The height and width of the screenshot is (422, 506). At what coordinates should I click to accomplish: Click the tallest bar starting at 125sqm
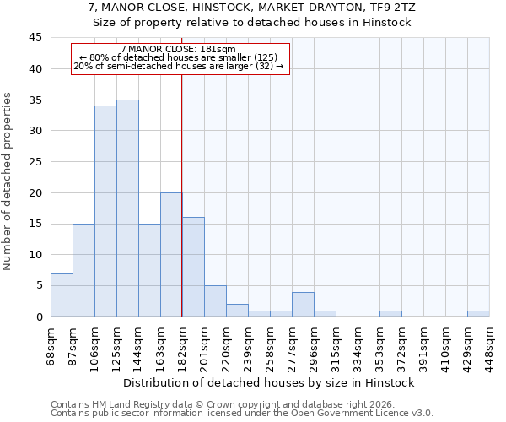click(127, 208)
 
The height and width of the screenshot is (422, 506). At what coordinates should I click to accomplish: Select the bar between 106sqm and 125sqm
click(105, 211)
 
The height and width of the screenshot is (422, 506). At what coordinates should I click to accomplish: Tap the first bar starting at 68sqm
click(62, 295)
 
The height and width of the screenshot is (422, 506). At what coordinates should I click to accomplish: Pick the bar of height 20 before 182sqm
click(171, 254)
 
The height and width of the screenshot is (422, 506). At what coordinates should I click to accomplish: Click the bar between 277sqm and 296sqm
click(303, 304)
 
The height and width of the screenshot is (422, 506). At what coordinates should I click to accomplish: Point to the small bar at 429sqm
click(478, 313)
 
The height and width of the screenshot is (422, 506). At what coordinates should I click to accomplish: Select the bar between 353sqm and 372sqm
click(390, 313)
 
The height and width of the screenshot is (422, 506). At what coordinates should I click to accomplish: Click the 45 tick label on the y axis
click(35, 38)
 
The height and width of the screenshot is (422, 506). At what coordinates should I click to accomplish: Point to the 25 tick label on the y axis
click(35, 162)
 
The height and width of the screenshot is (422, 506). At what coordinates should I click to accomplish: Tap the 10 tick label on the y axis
click(35, 255)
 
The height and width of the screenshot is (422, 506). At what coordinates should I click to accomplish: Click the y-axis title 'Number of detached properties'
click(8, 181)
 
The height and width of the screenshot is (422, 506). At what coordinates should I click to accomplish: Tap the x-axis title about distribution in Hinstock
click(268, 383)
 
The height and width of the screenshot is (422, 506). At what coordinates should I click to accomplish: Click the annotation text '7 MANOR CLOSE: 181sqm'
click(179, 50)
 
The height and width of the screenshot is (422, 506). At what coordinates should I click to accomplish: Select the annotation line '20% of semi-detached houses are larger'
click(179, 66)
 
